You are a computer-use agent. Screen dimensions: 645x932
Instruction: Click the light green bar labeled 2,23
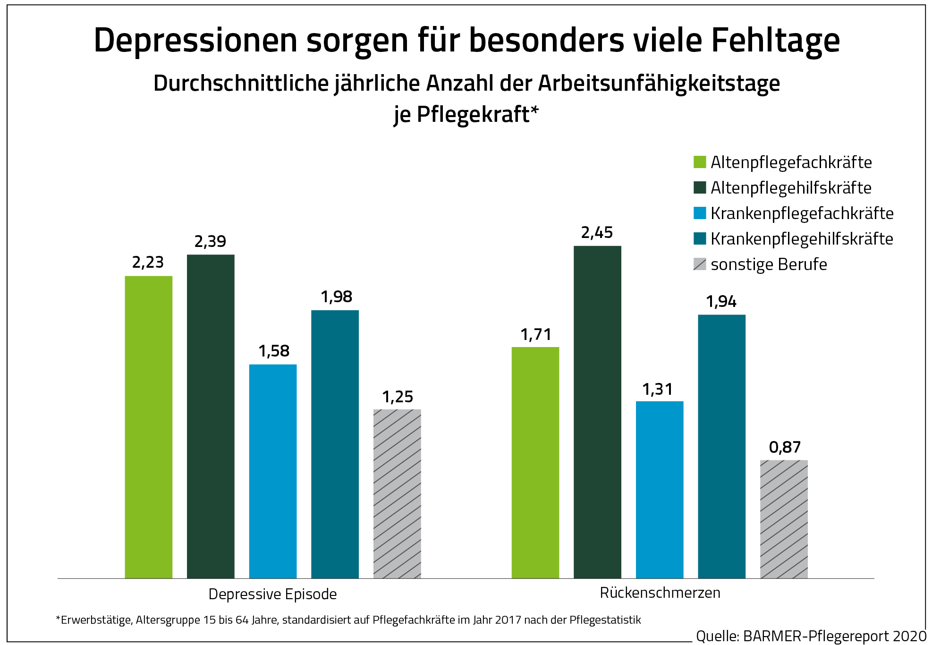tap(148, 427)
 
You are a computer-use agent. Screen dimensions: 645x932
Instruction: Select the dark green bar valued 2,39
tap(211, 416)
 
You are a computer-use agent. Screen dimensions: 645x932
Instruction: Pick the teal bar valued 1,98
tap(335, 444)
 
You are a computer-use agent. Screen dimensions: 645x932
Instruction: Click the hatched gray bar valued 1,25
tap(397, 493)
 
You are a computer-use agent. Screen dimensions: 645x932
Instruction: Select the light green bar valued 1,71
tap(535, 462)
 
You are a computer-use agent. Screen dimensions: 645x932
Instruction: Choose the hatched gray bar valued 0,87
tap(784, 519)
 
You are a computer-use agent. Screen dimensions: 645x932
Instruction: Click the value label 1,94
tap(721, 302)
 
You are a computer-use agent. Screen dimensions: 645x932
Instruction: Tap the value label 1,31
tap(657, 390)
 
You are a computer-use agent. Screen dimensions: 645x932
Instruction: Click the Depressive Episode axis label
tap(272, 594)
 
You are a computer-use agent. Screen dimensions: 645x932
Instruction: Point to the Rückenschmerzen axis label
tap(660, 593)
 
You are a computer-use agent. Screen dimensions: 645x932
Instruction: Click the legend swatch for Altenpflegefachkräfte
tap(700, 162)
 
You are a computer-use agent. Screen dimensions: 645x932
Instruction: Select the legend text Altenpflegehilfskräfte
tap(791, 188)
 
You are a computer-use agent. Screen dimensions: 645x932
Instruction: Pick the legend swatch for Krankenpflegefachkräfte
tap(700, 213)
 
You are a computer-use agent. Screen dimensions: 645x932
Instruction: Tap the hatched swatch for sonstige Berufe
tap(700, 264)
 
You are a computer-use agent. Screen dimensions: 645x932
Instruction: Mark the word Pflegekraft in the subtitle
tap(473, 115)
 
